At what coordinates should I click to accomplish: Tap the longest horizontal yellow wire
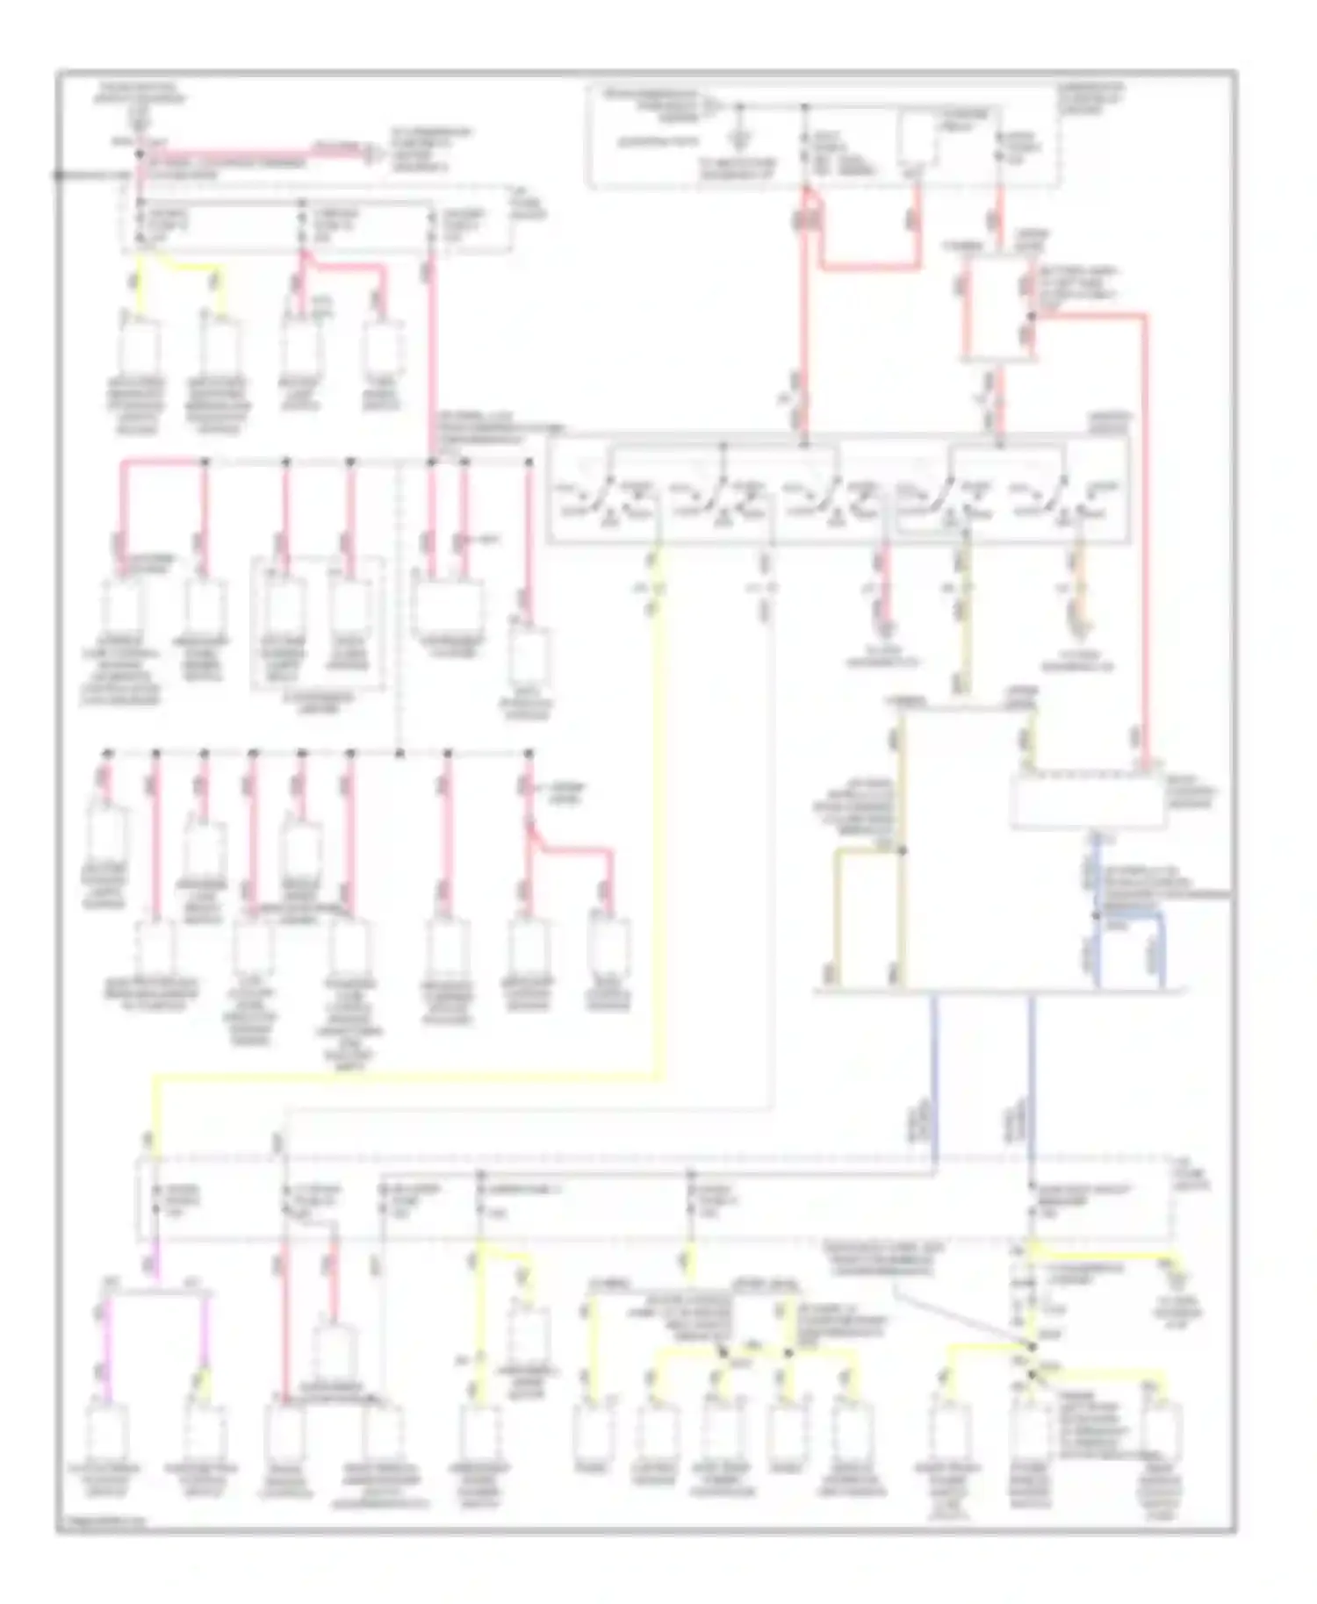404,1074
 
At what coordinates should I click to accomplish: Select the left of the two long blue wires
933,1079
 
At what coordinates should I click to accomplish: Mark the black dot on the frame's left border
57,175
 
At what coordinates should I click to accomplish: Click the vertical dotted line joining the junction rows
399,605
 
